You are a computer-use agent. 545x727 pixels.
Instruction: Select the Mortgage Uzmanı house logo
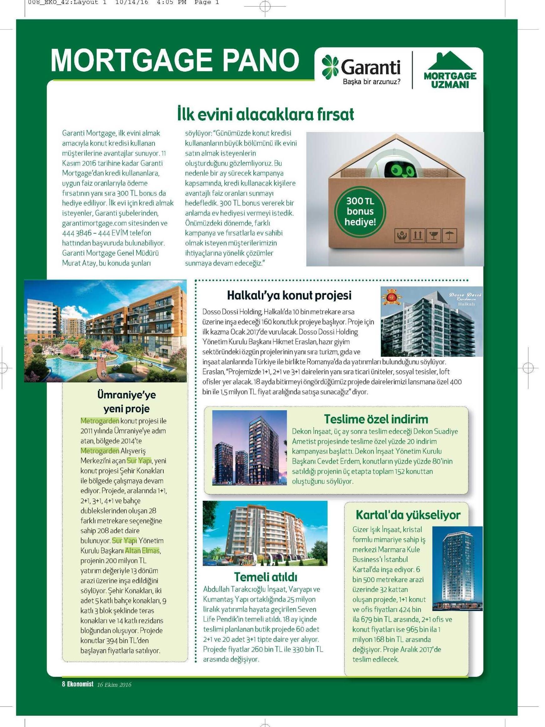pos(450,70)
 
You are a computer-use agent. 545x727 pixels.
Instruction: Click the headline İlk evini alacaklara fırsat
pos(265,114)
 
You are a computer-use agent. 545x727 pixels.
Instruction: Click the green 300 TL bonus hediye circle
pos(360,211)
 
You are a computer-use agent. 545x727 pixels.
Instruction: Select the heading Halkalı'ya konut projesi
pos(289,295)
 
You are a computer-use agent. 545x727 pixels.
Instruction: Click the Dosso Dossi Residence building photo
pos(431,321)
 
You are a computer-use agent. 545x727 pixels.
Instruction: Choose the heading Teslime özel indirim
pos(376,419)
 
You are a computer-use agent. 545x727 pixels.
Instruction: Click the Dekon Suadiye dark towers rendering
pos(249,448)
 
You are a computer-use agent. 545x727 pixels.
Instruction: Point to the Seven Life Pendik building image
pos(265,533)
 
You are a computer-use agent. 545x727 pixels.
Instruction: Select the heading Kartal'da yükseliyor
pos(408,515)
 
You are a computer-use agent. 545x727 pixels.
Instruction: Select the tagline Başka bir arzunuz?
pos(371,82)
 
